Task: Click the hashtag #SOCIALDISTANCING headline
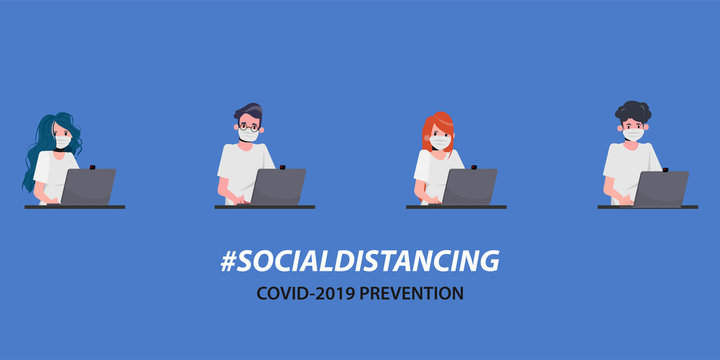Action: point(359,262)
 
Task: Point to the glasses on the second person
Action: point(247,127)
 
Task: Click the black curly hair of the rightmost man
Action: point(632,112)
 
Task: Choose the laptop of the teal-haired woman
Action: point(89,187)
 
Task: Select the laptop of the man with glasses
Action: point(279,187)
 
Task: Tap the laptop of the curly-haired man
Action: point(662,188)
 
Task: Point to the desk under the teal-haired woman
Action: point(74,207)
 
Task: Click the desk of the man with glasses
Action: point(264,207)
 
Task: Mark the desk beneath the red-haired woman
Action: point(456,207)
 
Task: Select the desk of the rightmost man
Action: point(647,207)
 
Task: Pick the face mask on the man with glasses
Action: point(249,137)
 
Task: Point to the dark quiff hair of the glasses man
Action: point(248,111)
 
